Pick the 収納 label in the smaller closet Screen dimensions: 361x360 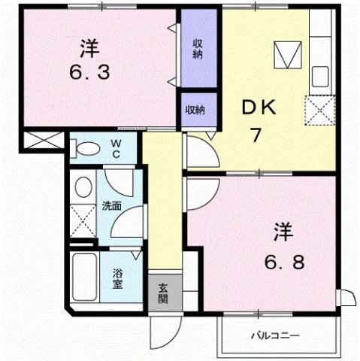pyautogui.click(x=196, y=110)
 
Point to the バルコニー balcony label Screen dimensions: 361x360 pyautogui.click(x=275, y=335)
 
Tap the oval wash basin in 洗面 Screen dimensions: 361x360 pyautogui.click(x=83, y=187)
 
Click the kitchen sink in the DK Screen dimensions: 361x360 pyautogui.click(x=321, y=76)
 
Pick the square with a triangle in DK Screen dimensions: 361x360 pyautogui.click(x=286, y=55)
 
